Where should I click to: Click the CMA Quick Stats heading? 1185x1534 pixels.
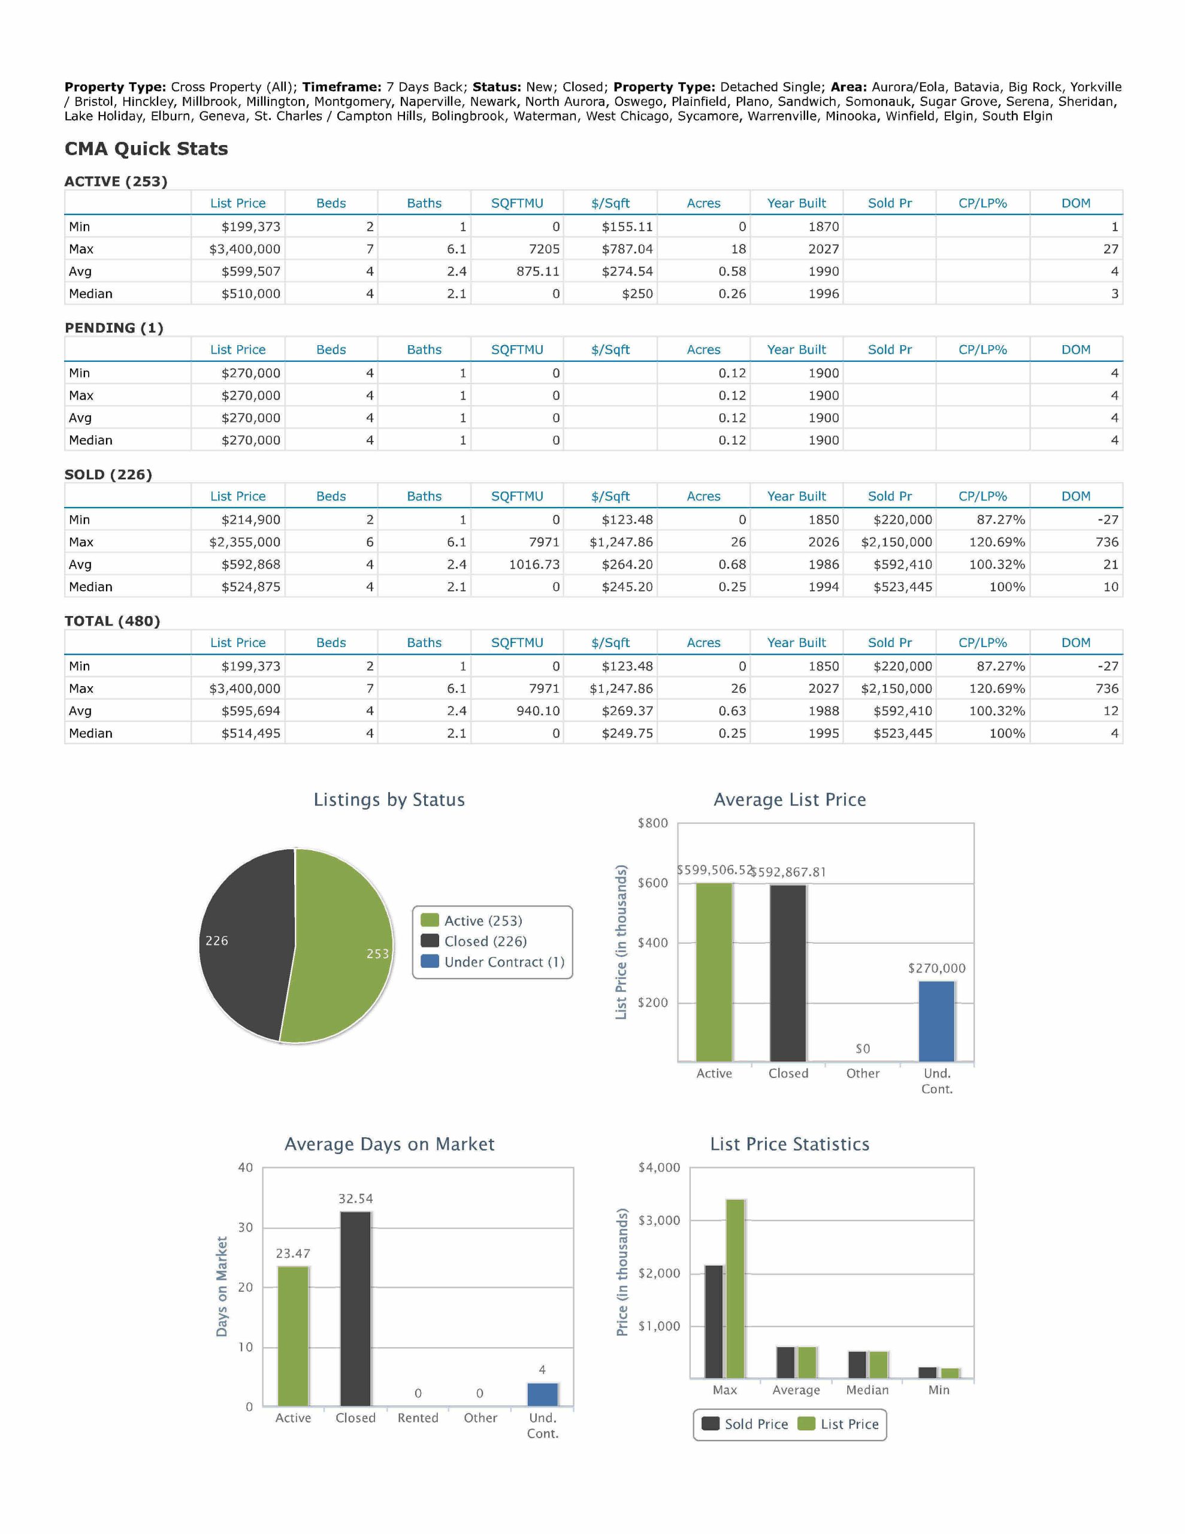[x=146, y=149]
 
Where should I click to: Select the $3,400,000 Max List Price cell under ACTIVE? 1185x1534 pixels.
[x=244, y=249]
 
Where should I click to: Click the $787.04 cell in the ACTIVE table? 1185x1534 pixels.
[x=627, y=249]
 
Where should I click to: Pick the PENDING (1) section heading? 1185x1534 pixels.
[x=114, y=328]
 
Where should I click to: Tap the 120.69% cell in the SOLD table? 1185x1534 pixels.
[x=997, y=542]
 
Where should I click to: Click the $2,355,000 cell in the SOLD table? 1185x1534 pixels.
[x=244, y=542]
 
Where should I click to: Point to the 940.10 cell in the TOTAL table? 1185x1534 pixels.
[x=538, y=711]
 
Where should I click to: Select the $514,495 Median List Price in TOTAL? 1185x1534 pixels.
[x=251, y=733]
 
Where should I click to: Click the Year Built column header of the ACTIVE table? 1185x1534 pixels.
[x=797, y=203]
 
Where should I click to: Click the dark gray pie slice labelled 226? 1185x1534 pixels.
[x=243, y=941]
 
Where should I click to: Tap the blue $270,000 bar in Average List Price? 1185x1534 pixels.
[x=936, y=1021]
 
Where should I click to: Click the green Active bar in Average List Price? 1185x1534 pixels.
[x=714, y=972]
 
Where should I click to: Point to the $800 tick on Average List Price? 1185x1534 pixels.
[x=652, y=823]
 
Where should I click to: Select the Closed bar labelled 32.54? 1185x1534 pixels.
[x=355, y=1309]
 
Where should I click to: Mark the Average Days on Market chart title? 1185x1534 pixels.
[x=389, y=1144]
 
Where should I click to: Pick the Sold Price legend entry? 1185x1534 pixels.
[x=745, y=1424]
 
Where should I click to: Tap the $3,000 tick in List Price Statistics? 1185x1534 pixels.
[x=659, y=1221]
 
